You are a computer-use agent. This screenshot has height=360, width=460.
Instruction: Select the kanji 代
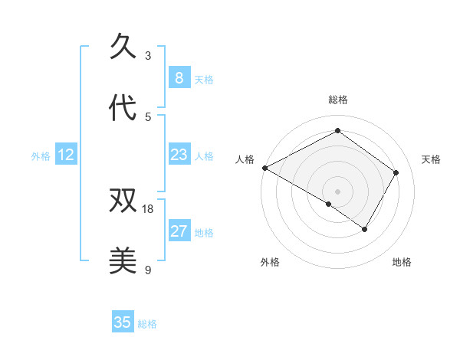tap(123, 109)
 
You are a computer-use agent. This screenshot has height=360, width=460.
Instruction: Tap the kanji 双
tap(123, 201)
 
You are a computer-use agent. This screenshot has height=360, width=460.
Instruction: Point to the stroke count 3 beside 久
tap(148, 55)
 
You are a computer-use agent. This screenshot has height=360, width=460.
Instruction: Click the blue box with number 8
tap(179, 77)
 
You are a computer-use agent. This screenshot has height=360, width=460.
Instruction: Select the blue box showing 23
tap(179, 155)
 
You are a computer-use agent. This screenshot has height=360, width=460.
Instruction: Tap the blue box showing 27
tap(179, 231)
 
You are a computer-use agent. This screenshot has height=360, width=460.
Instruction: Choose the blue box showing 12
tap(66, 155)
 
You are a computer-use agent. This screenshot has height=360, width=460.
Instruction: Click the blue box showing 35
tap(123, 322)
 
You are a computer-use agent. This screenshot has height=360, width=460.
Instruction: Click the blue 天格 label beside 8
tap(204, 79)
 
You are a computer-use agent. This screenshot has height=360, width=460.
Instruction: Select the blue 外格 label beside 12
tap(41, 156)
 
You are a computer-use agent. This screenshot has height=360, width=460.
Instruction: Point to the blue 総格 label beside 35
tap(147, 324)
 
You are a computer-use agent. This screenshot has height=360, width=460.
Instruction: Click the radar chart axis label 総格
tap(337, 100)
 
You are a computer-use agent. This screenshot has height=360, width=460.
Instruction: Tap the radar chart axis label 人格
tap(245, 159)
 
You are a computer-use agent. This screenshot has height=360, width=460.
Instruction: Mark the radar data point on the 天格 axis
tap(396, 172)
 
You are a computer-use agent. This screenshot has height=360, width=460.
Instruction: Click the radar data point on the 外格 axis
tap(329, 204)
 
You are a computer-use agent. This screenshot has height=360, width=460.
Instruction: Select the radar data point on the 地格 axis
tap(365, 229)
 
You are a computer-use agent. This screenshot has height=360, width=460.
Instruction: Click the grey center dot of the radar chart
tap(337, 191)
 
